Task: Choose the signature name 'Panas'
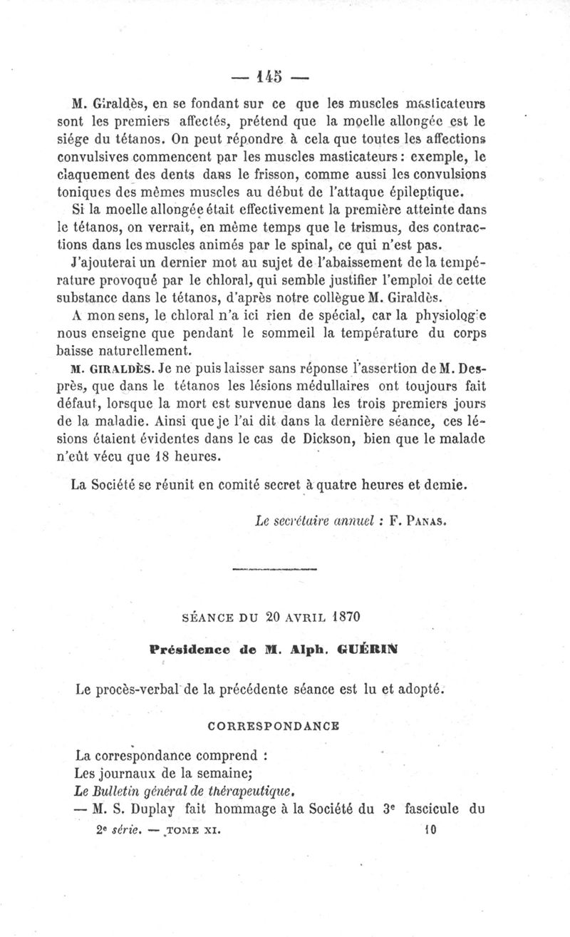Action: [x=427, y=521]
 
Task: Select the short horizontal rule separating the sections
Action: [x=275, y=569]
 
